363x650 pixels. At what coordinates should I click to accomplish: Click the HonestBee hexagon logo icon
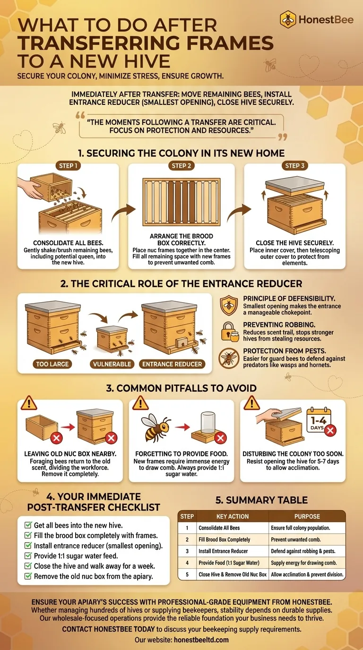point(288,19)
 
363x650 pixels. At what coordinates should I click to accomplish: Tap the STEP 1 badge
point(68,166)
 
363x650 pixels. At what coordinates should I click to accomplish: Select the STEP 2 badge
point(181,166)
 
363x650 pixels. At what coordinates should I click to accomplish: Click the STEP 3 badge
point(294,166)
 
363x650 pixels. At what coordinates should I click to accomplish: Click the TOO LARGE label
point(52,364)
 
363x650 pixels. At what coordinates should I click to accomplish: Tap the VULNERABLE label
point(112,364)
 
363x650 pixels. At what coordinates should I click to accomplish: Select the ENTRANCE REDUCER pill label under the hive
point(172,364)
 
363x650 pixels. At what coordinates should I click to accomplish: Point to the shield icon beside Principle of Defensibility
point(229,305)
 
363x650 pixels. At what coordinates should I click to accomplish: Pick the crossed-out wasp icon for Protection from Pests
point(229,358)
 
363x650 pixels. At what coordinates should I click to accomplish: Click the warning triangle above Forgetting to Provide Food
point(140,403)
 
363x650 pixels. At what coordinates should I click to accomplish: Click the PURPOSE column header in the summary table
point(307,516)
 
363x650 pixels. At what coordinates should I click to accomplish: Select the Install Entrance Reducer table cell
point(223,551)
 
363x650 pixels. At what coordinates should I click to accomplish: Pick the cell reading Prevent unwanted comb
point(295,539)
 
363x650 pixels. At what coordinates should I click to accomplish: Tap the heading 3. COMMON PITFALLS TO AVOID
point(181,388)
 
